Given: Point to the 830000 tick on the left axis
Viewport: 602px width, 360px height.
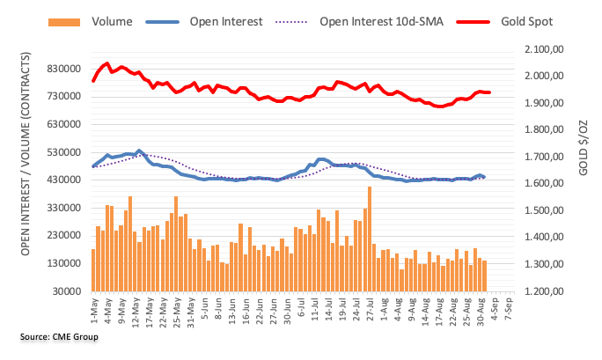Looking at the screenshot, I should tap(69, 69).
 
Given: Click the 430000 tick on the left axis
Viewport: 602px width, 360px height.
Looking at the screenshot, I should tap(69, 180).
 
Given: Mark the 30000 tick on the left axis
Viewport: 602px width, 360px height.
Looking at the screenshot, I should tap(71, 290).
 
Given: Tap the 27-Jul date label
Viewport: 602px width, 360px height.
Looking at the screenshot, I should tap(369, 310).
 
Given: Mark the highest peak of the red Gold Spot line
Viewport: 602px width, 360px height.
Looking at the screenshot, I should tap(106, 63).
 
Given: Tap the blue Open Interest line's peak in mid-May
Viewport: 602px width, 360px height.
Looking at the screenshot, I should tap(139, 151).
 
